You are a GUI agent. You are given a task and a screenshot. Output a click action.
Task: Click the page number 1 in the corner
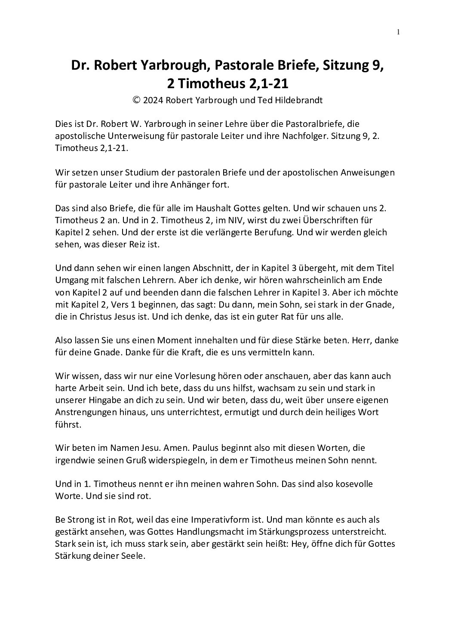(x=399, y=31)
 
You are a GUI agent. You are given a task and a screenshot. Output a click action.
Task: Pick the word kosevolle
(x=346, y=484)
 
